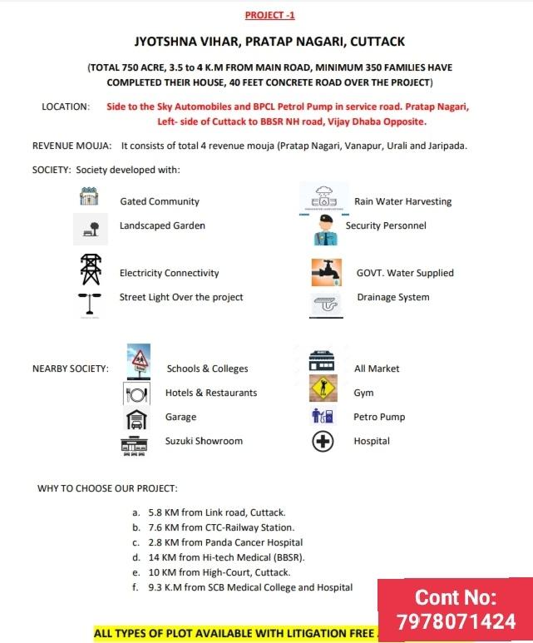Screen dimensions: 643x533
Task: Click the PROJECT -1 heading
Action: pos(269,15)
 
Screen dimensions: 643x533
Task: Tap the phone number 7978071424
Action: pos(455,621)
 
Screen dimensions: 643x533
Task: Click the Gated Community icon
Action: pos(89,197)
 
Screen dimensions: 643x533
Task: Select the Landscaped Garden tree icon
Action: pos(91,229)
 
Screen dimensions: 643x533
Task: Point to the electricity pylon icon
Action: pos(90,270)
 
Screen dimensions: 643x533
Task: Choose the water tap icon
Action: pos(325,271)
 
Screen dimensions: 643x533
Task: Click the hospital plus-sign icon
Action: pos(322,442)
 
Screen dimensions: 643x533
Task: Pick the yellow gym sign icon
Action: pos(323,388)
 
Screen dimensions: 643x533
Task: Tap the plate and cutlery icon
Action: pos(136,393)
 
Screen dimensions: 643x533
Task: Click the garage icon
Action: pos(136,418)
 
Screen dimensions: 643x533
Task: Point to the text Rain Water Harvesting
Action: pos(402,201)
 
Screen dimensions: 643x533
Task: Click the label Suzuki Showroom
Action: pos(204,441)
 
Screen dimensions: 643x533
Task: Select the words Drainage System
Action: pos(392,297)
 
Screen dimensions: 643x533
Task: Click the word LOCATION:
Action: pos(66,106)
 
